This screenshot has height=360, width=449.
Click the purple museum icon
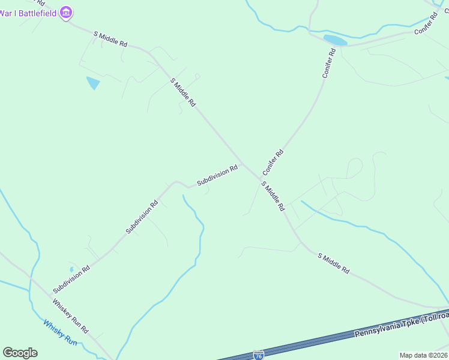pos(66,13)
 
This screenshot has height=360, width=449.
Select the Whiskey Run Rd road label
pos(70,316)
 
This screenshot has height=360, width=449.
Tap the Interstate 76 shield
pos(258,355)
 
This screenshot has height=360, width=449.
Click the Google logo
pos(20,353)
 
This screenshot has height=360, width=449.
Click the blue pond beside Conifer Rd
pos(335,41)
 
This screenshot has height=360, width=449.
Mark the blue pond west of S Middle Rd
pos(94,83)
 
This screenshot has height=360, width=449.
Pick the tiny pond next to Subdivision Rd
pos(71,269)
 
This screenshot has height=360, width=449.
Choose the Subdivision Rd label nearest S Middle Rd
pos(217,175)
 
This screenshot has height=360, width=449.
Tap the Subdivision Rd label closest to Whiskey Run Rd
pos(71,280)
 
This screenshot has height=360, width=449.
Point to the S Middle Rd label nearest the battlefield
pos(111,40)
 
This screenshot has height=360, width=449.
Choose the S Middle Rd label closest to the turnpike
pos(334,264)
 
